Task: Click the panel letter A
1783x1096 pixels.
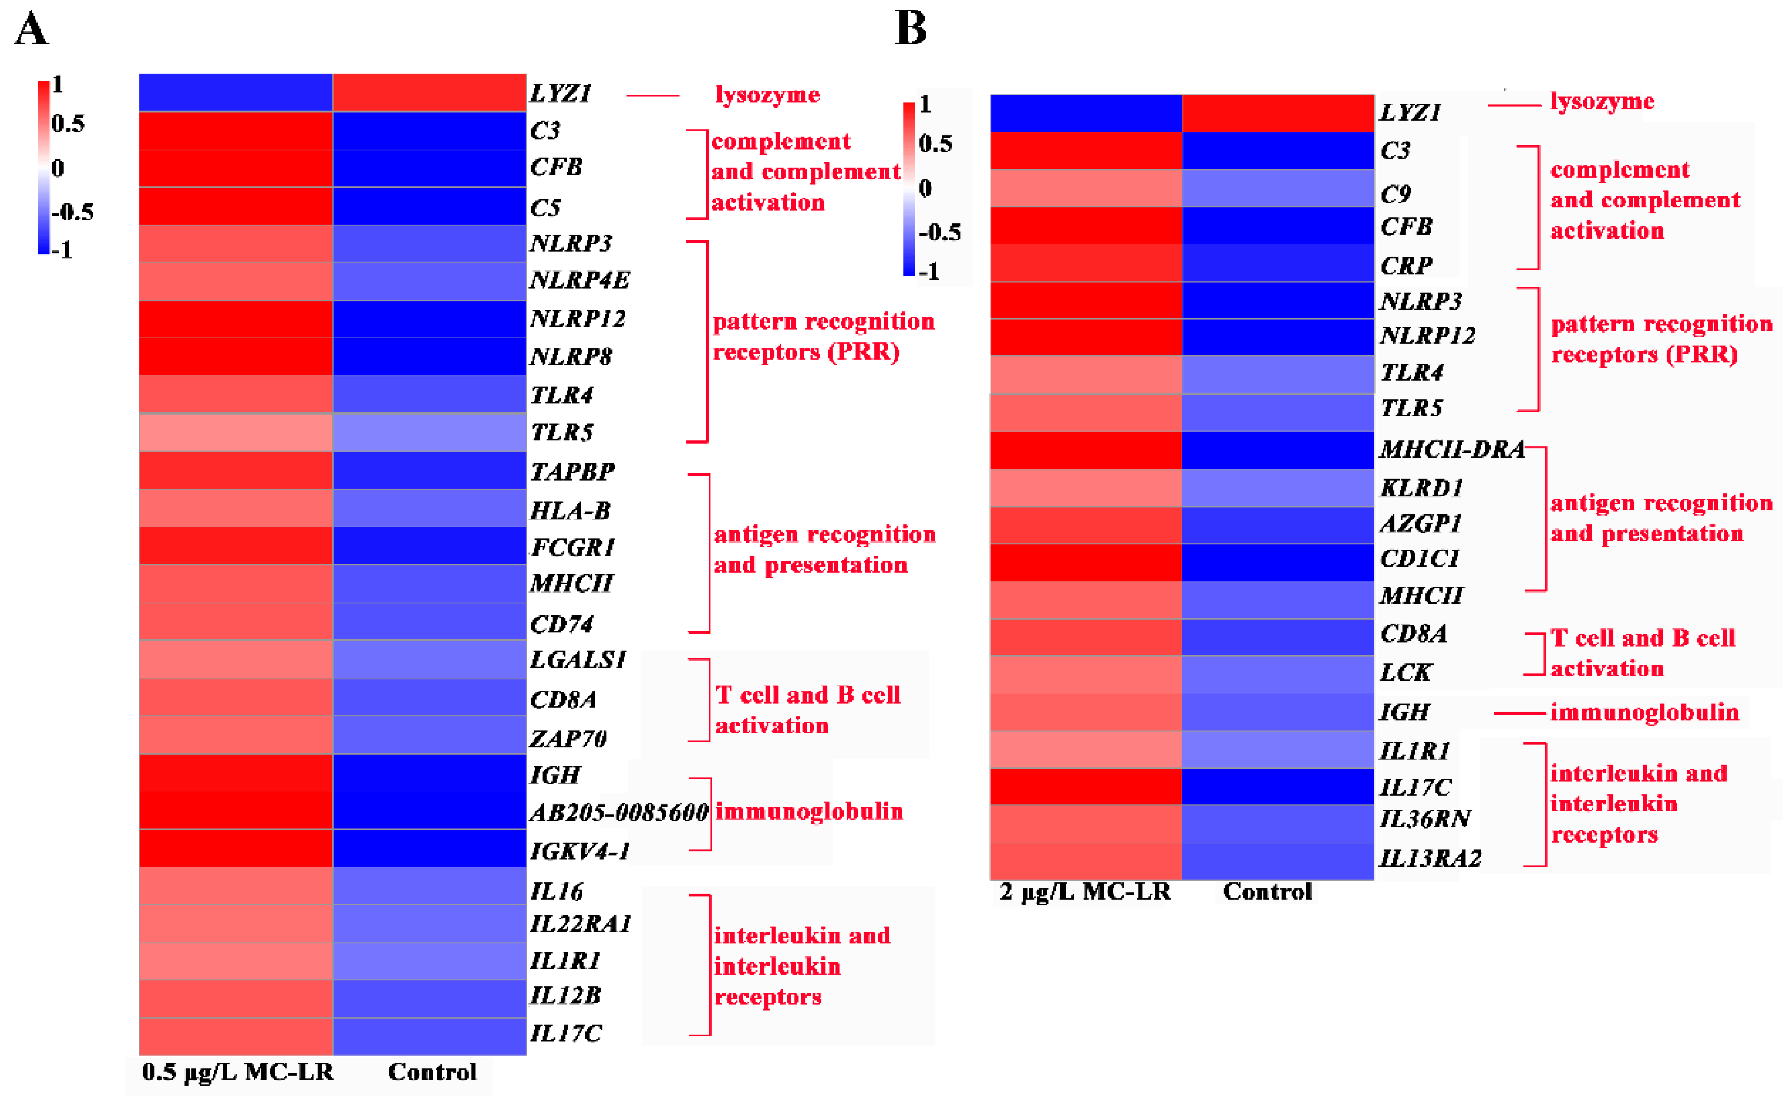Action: [31, 30]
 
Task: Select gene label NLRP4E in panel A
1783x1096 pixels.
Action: [579, 280]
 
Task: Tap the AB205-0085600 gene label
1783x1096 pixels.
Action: [618, 812]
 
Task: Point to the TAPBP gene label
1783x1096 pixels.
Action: [572, 472]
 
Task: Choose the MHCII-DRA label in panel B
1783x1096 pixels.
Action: [1451, 449]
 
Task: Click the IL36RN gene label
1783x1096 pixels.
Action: [1425, 819]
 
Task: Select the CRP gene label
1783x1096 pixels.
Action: [1406, 266]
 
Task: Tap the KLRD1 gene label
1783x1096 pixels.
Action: [1421, 488]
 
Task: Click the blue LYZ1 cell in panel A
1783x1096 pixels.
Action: [236, 93]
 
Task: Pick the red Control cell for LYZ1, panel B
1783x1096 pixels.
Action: [1278, 113]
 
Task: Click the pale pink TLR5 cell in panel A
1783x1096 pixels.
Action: [236, 433]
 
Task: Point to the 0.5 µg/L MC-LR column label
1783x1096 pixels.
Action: [237, 1072]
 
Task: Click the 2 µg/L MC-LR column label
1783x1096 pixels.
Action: [1085, 892]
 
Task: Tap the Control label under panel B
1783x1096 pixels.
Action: [1267, 892]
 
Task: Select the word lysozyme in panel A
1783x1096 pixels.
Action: [767, 95]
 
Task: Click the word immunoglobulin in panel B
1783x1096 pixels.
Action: [1644, 712]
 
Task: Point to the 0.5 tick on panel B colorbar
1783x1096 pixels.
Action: [935, 143]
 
